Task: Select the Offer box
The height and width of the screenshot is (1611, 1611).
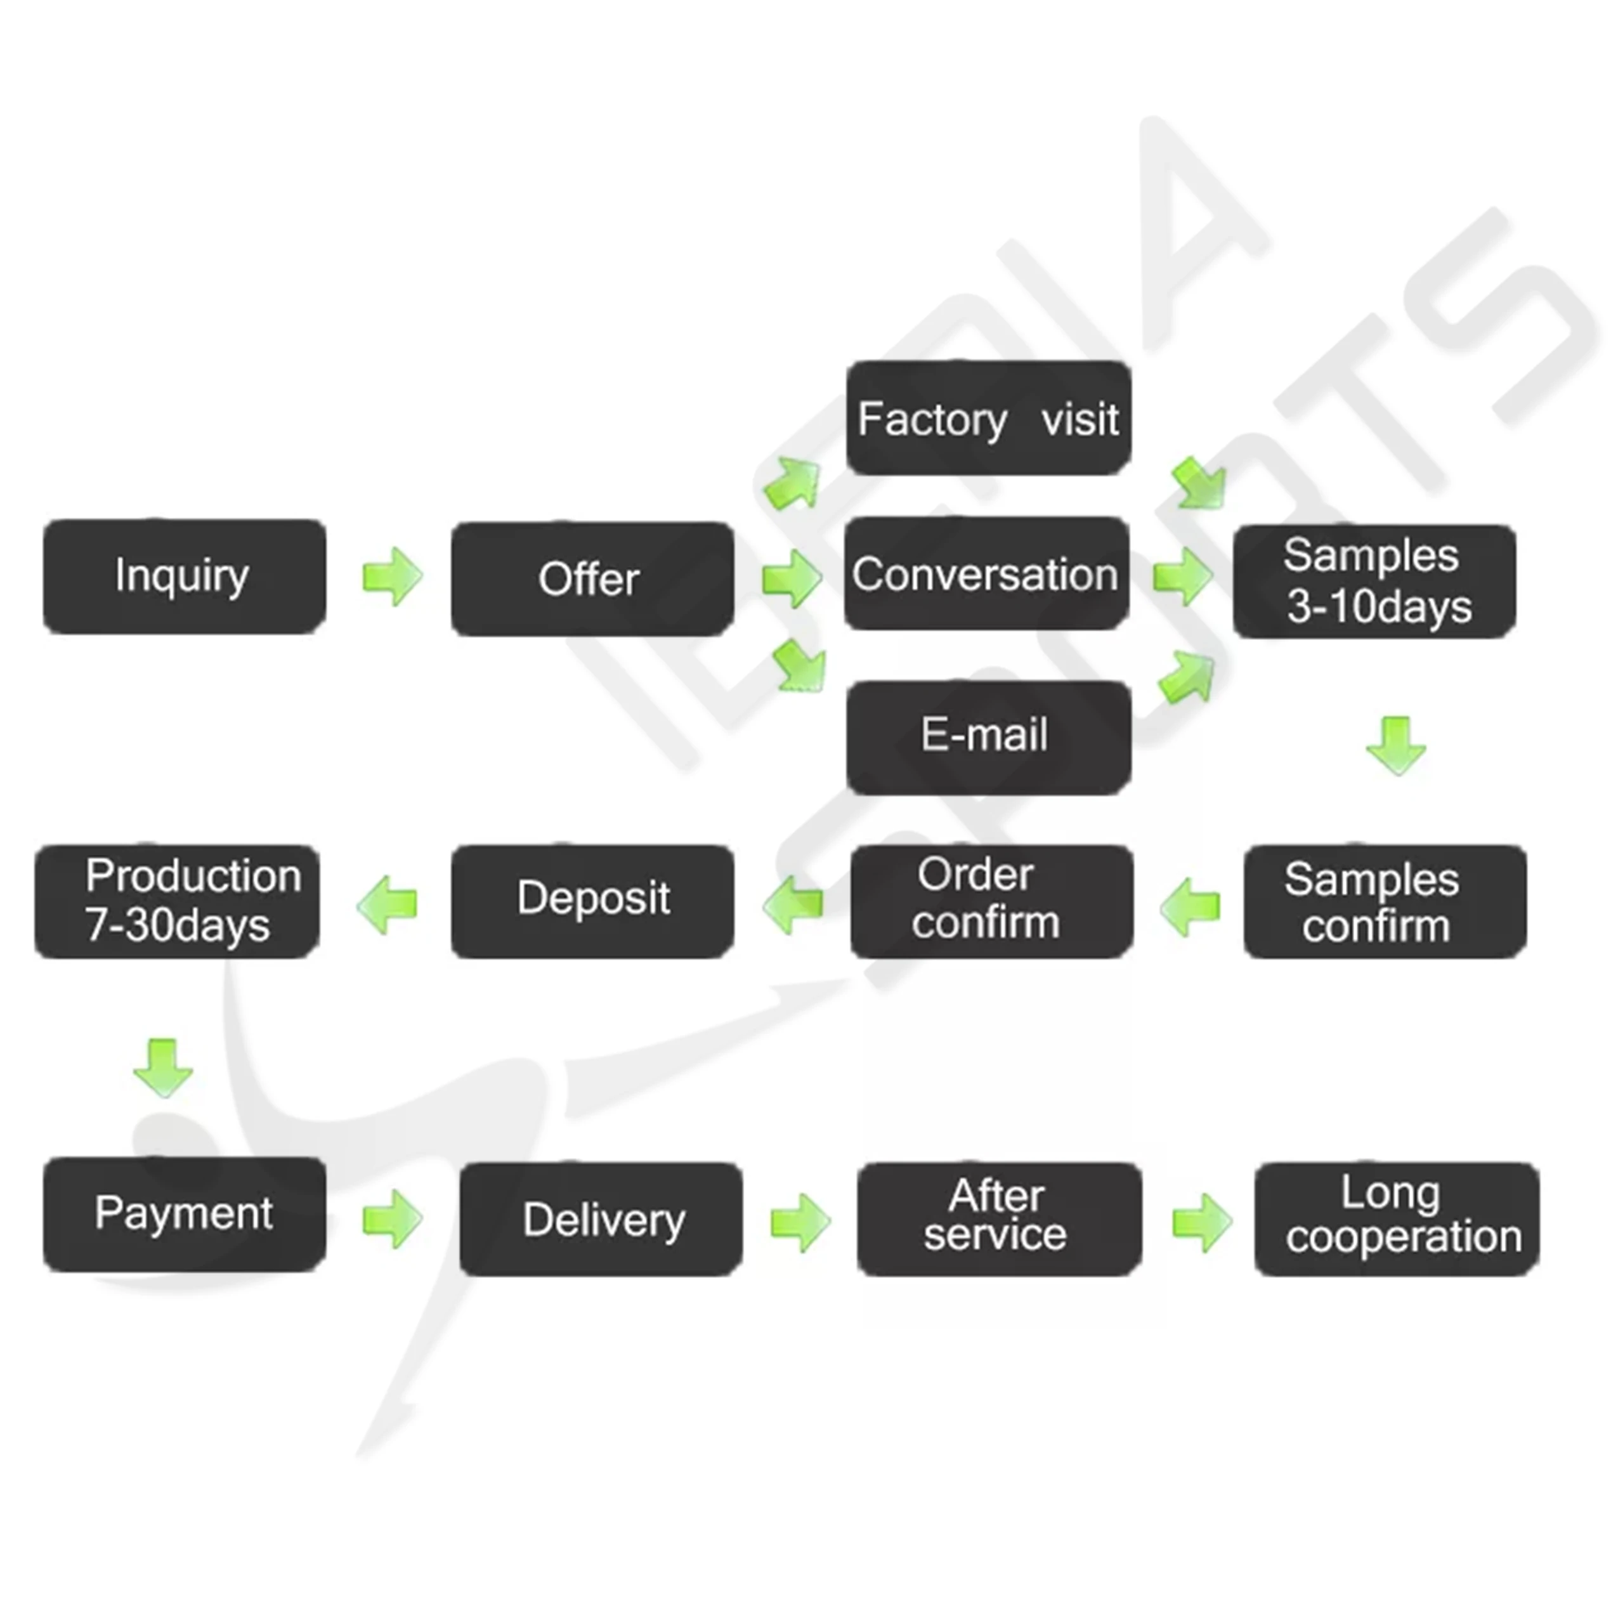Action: pos(592,578)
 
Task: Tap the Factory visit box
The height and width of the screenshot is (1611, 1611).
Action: pos(988,418)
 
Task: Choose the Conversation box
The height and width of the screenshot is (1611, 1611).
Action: pos(986,574)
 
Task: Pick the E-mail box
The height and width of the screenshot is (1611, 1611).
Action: pos(988,736)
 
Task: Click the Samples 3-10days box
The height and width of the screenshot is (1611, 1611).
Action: pos(1374,581)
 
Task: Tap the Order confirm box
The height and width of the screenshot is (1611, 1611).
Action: pos(991,901)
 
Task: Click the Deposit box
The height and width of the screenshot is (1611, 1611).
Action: pos(592,901)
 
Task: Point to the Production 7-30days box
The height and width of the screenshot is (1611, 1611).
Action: pos(177,901)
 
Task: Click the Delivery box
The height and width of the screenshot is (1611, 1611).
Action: pos(601,1219)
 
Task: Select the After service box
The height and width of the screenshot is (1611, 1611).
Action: pos(999,1218)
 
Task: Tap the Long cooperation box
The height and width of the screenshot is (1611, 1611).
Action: pos(1397,1218)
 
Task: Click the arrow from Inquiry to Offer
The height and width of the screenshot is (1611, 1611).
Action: pos(392,576)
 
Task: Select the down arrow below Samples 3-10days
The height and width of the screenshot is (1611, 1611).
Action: pos(1396,745)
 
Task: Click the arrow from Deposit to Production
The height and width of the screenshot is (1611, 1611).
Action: pos(387,904)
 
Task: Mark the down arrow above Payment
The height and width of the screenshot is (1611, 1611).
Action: pos(162,1067)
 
